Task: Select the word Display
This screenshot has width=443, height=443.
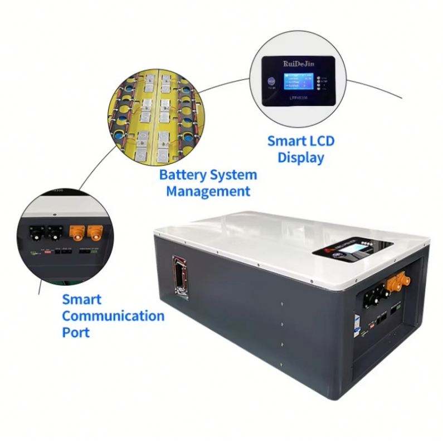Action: point(301,158)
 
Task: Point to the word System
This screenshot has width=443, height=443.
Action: point(233,175)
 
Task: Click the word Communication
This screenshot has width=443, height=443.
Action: point(113,316)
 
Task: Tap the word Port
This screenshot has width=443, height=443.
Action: point(76,333)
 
